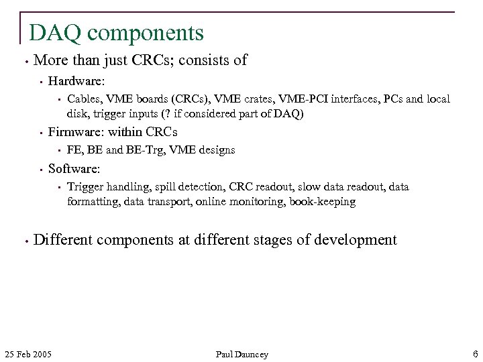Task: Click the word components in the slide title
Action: (146, 33)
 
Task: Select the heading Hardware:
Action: (76, 81)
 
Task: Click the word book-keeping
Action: (322, 201)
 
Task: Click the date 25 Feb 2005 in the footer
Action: (28, 354)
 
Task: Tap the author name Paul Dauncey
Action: (241, 354)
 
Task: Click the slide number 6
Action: (475, 354)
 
